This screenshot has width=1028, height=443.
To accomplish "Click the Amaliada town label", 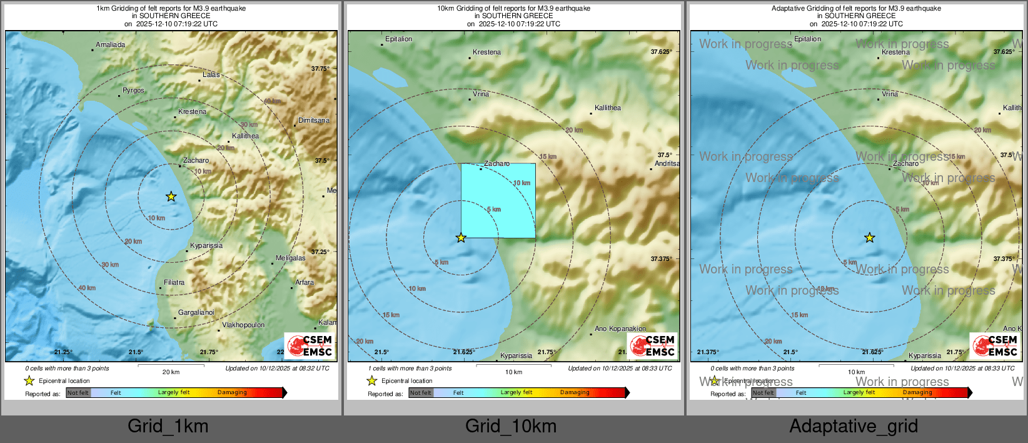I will coord(110,45).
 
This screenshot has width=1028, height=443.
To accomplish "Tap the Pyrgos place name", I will coord(133,91).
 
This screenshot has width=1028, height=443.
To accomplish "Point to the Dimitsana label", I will coord(314,121).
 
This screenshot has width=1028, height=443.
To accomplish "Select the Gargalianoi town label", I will coord(196,313).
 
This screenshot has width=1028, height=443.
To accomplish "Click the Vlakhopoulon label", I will coord(243,325).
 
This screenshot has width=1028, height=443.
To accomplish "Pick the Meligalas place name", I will coord(291,258).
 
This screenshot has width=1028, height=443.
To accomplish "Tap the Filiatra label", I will coord(174,283).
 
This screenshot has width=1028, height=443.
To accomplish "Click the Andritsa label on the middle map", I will coord(667,164).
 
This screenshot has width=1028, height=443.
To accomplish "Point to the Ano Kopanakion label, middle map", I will coord(620,329).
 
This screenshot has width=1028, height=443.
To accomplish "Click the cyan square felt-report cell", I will coord(498,201).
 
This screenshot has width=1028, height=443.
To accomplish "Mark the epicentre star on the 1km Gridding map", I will coord(171,197).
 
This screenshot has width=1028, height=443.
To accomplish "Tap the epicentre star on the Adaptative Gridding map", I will coord(870,238).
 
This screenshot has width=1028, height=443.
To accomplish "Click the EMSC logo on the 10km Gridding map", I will coord(653,345).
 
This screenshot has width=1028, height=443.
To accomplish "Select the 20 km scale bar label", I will coord(171,372).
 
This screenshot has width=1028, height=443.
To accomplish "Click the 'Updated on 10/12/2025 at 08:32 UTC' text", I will coord(277,369).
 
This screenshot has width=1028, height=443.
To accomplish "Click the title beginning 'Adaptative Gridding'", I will coord(856,9).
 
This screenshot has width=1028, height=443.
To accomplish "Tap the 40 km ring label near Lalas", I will coord(272,101).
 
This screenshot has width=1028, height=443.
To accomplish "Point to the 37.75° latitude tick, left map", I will coord(320,69).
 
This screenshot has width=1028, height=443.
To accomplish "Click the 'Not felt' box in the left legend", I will coord(78,393).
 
